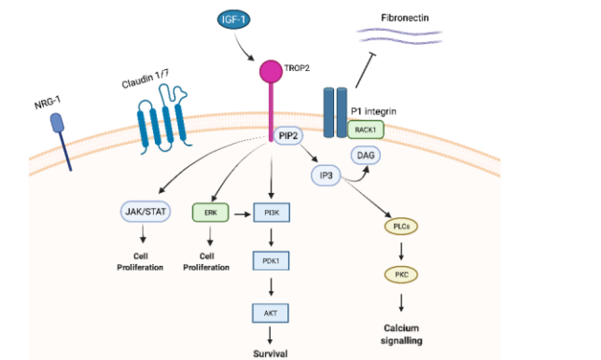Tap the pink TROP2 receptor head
[x=272, y=72]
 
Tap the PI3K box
[x=272, y=213]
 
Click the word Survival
[x=272, y=353]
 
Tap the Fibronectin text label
[x=406, y=18]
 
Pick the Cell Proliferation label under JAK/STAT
[x=141, y=261]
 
